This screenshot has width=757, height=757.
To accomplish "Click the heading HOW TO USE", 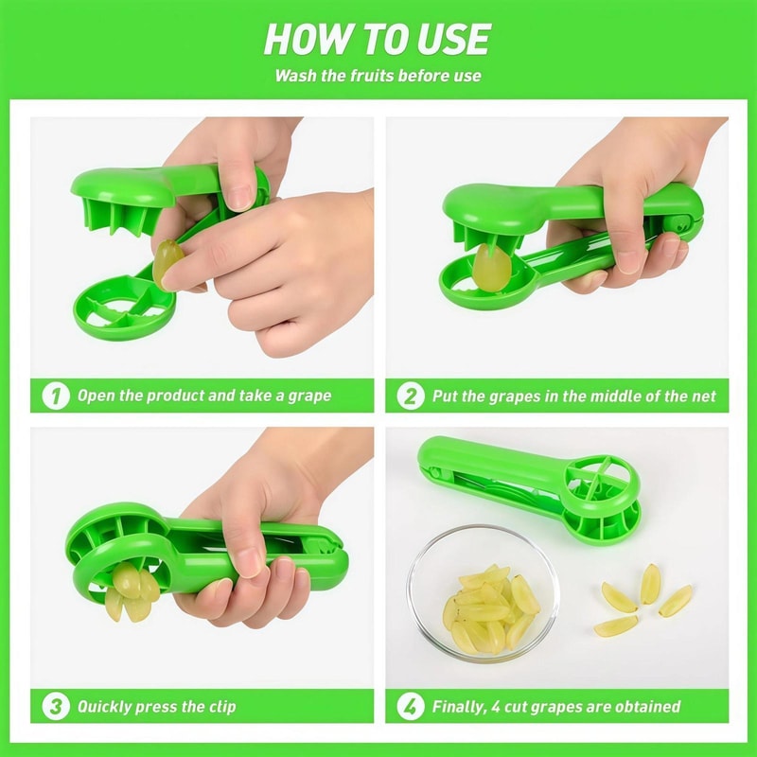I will (x=377, y=39).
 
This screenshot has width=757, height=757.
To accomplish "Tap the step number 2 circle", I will (x=410, y=396).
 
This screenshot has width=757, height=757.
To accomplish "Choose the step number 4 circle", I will (x=410, y=706).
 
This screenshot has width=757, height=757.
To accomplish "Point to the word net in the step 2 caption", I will (x=701, y=396).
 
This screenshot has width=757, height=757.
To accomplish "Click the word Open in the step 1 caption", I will (x=97, y=396).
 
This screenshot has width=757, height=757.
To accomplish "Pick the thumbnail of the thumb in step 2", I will (x=629, y=257).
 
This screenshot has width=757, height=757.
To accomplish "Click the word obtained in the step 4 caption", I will (x=647, y=707).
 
